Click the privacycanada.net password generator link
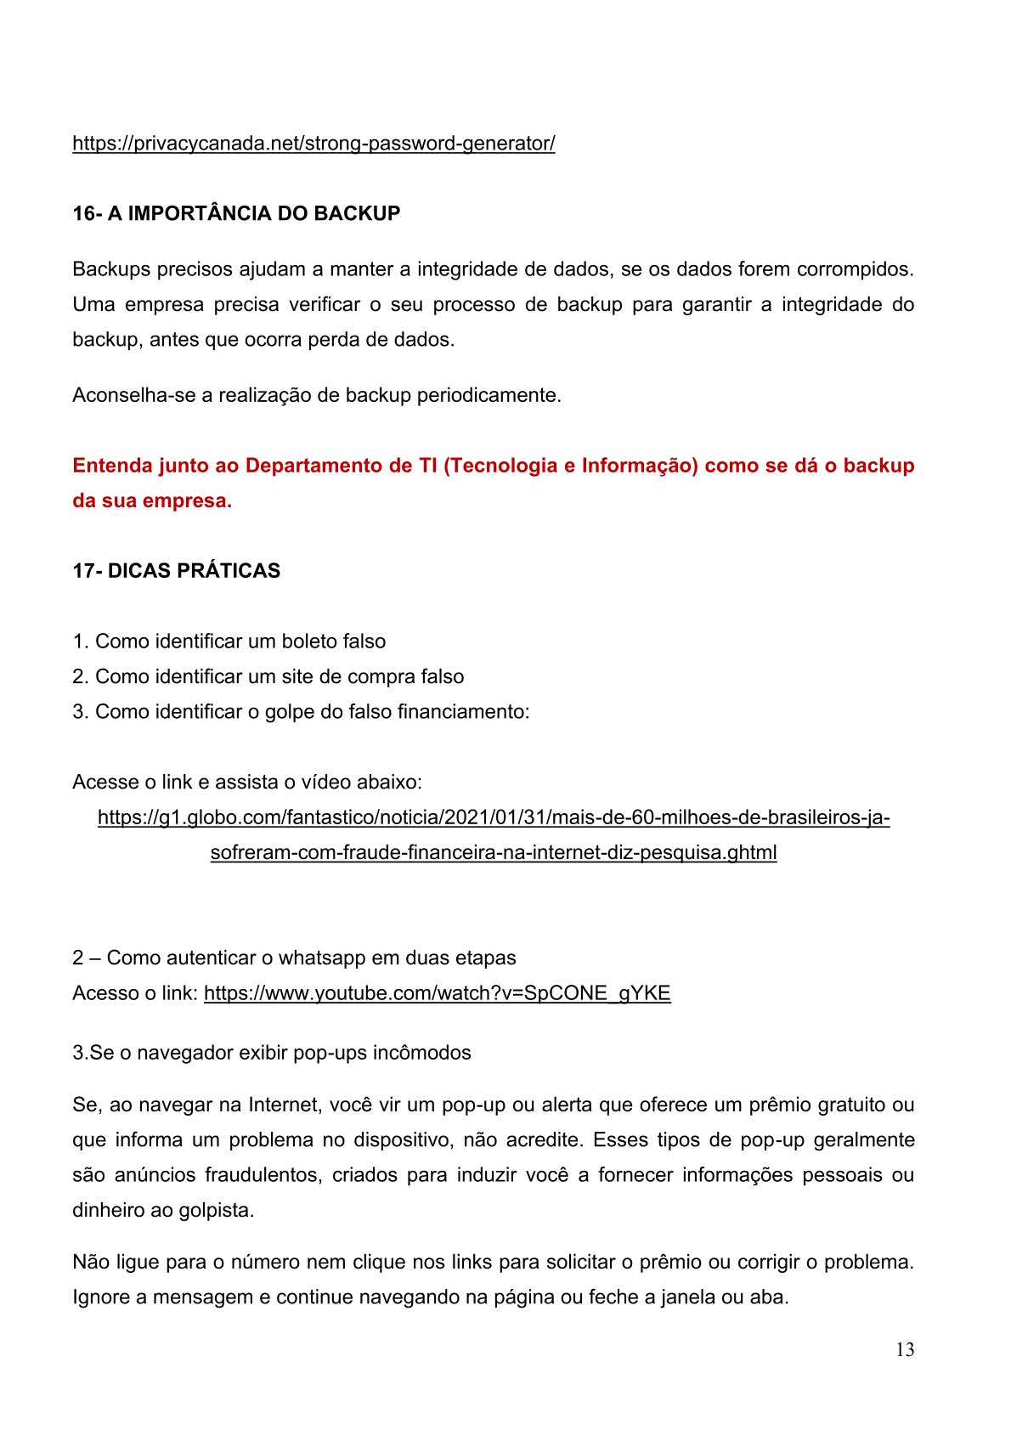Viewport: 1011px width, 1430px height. [313, 144]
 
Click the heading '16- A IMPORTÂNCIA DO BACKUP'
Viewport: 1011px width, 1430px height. [236, 213]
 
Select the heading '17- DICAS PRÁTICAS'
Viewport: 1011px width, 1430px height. [176, 571]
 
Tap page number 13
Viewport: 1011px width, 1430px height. [905, 1349]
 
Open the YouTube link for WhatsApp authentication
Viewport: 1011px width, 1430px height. [437, 993]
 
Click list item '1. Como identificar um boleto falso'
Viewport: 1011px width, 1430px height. [229, 642]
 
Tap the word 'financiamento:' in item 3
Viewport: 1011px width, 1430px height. [463, 711]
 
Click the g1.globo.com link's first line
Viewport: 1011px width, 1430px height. [494, 817]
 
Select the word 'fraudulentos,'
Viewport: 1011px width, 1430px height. [263, 1175]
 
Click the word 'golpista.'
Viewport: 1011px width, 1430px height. [217, 1210]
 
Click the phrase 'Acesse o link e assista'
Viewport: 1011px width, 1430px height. [173, 782]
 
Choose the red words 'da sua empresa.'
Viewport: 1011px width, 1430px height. [152, 500]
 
